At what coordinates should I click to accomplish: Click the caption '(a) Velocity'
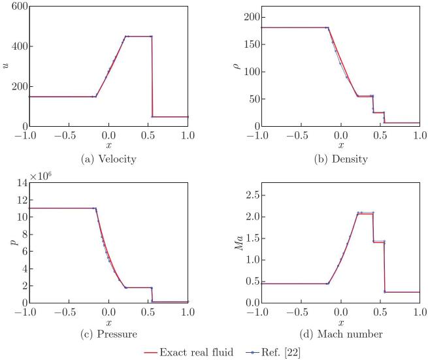[109, 159]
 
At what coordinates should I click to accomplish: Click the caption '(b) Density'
[340, 159]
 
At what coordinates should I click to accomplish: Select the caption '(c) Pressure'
[109, 335]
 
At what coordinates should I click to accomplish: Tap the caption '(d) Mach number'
[340, 335]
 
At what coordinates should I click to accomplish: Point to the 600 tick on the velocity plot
[18, 6]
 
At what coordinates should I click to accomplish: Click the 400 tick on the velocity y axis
[18, 46]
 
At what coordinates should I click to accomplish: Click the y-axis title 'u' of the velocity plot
[6, 66]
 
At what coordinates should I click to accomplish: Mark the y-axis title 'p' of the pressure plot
[6, 244]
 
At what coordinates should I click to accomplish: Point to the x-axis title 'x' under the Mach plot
[340, 323]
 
